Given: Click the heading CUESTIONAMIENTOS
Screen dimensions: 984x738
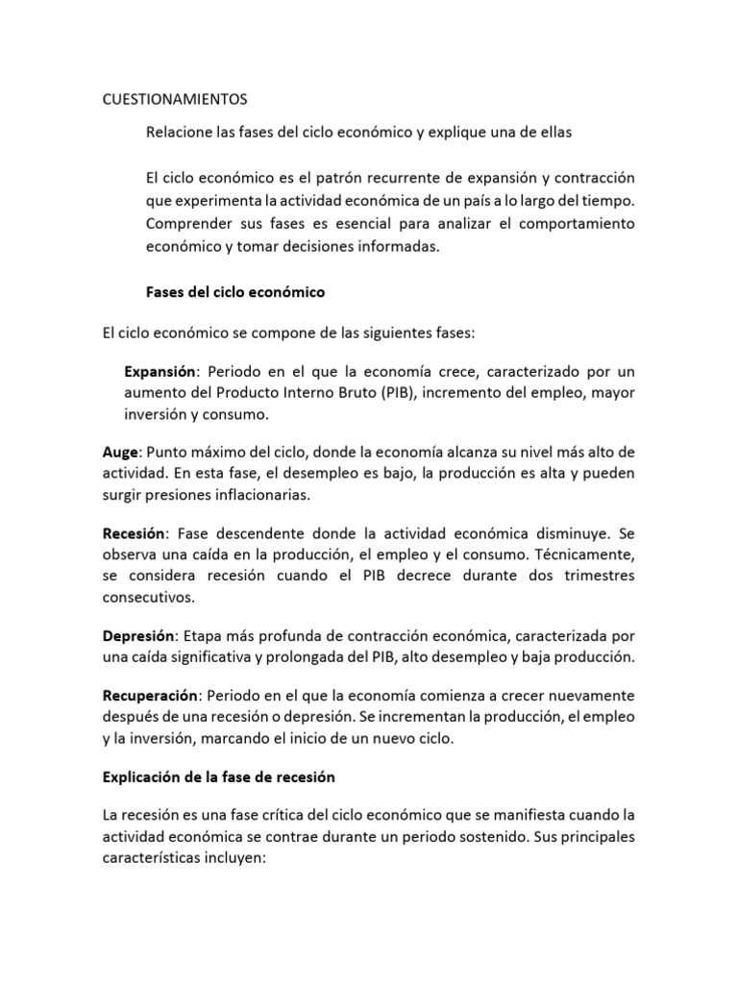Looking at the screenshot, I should click(x=175, y=99).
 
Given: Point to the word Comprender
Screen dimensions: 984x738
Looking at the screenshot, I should click(x=189, y=224).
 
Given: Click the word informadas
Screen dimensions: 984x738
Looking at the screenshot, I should click(x=393, y=246).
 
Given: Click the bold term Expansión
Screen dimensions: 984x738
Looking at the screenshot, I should click(x=160, y=371).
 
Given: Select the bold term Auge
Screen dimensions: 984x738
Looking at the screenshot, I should click(x=121, y=451).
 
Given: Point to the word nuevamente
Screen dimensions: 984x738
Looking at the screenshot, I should click(x=585, y=694).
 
